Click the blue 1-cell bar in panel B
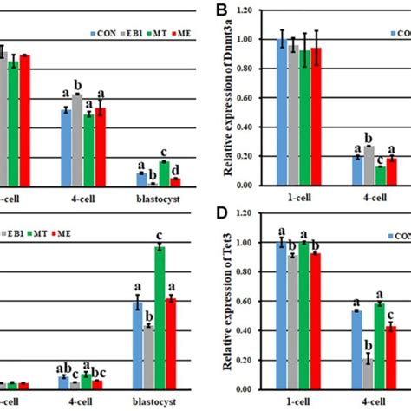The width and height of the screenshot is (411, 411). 281,113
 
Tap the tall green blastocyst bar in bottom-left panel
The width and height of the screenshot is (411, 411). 159,316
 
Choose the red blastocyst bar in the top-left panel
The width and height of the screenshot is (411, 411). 175,181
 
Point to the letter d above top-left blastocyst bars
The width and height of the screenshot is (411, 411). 175,170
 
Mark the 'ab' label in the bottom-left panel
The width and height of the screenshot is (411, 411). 62,367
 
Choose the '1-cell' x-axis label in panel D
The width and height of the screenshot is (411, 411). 297,402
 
